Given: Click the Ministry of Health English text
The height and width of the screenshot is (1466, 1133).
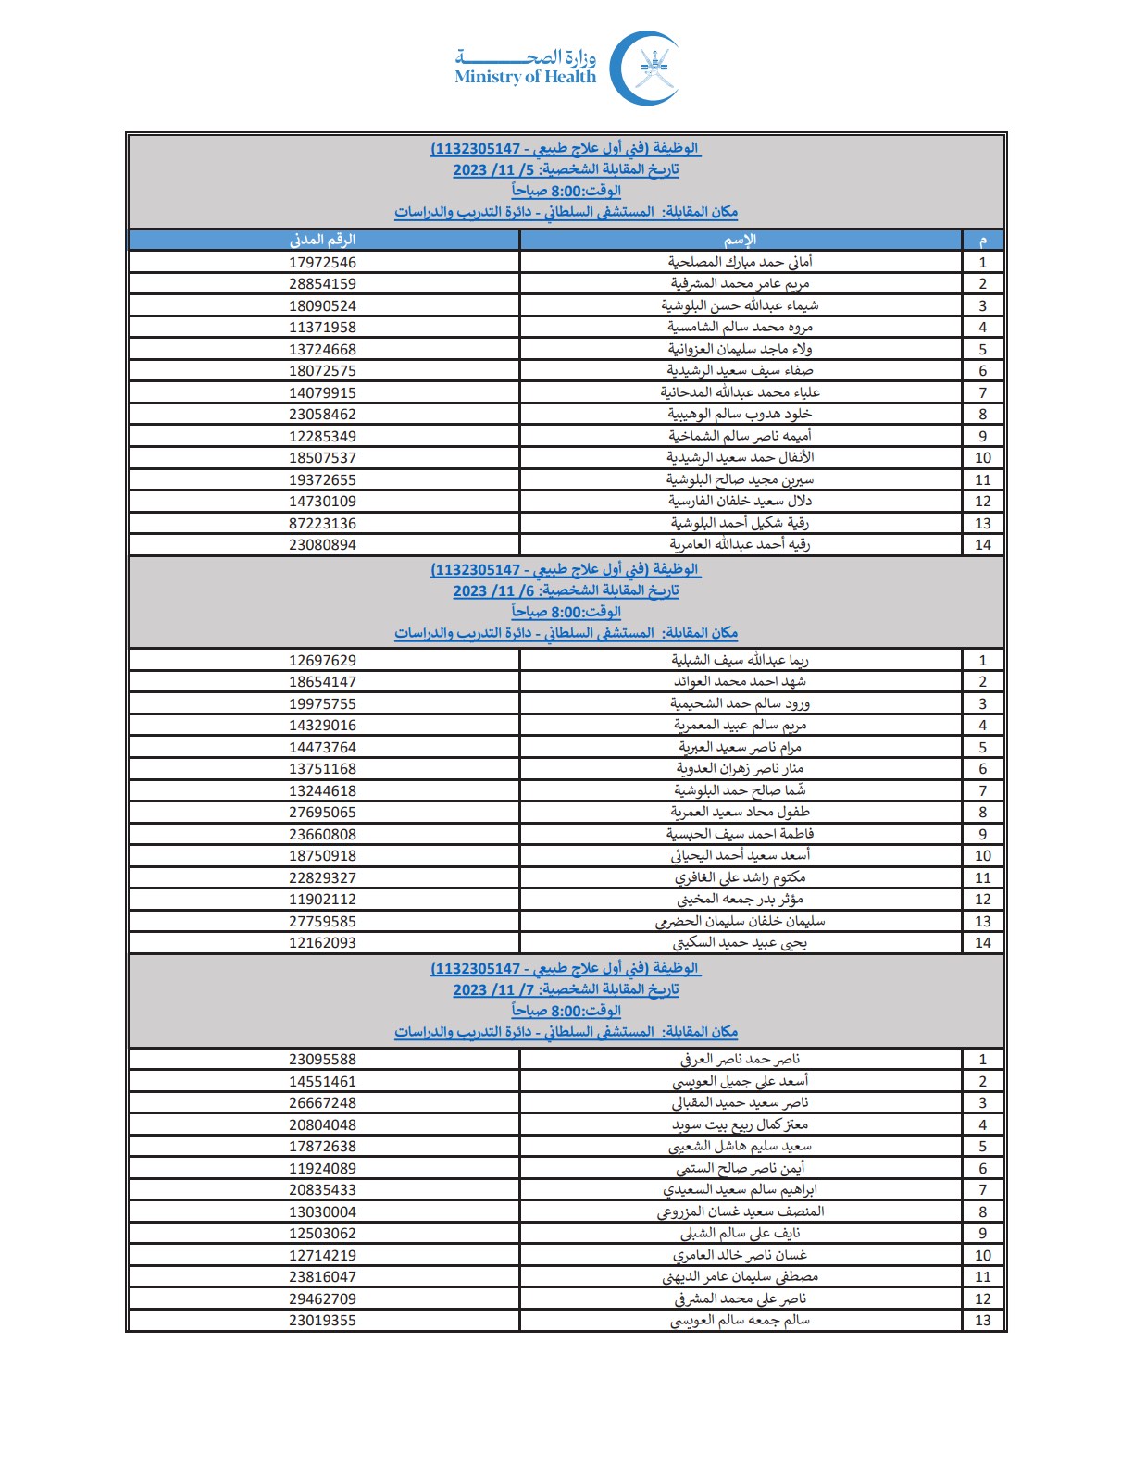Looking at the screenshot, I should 525,78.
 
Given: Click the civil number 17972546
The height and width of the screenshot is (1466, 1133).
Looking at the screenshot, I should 322,263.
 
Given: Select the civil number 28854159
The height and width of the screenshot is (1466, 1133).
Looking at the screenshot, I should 322,284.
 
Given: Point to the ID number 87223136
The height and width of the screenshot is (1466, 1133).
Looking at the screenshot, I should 322,524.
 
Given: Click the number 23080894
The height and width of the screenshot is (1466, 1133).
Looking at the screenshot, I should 322,545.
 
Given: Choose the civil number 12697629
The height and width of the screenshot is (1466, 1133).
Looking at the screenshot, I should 322,661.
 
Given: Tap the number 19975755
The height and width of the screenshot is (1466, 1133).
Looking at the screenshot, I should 322,704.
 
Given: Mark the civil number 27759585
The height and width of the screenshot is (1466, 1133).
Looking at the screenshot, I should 322,922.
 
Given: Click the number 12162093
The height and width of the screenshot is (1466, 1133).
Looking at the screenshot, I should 322,943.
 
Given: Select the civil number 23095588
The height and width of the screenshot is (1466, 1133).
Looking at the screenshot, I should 322,1060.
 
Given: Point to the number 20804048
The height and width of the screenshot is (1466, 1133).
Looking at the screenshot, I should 322,1125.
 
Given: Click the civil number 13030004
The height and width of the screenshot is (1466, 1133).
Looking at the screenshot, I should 322,1212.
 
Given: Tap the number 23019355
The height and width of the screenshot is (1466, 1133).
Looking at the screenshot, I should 322,1321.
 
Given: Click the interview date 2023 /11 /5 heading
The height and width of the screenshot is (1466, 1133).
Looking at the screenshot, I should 566,170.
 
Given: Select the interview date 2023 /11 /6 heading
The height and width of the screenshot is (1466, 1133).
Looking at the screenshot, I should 566,590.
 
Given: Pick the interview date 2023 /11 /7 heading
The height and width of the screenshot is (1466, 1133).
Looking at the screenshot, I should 566,990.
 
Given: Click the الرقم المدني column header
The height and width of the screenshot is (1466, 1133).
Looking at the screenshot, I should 322,241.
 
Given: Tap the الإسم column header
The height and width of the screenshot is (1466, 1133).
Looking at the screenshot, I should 740,241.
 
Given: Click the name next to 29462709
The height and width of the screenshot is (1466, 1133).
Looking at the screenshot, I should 740,1299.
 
